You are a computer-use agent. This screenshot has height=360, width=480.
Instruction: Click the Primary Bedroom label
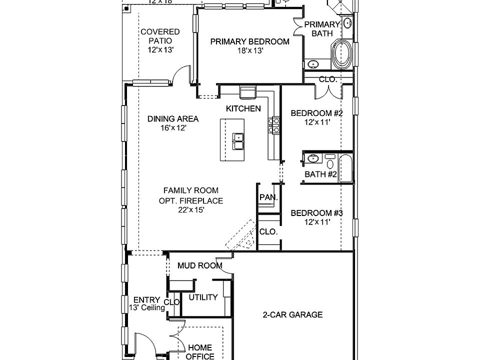(x=249, y=42)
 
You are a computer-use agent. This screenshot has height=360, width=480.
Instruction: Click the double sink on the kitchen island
(x=238, y=141)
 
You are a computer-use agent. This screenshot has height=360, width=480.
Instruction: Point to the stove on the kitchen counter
(x=274, y=125)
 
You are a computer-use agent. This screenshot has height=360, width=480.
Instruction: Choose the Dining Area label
(x=173, y=119)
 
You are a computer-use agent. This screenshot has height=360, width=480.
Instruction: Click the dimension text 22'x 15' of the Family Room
(x=191, y=210)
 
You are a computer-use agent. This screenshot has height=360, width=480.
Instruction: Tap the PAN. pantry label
(x=268, y=198)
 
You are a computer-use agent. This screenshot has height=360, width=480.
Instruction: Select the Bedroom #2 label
(x=316, y=113)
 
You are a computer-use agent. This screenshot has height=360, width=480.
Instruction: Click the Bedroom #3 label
(x=316, y=213)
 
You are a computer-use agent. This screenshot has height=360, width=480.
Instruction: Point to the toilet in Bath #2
(x=330, y=161)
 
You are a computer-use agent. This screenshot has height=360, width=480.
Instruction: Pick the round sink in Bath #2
(x=312, y=159)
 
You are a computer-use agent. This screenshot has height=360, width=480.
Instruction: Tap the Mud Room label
(x=200, y=265)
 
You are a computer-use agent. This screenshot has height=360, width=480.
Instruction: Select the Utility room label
(x=203, y=297)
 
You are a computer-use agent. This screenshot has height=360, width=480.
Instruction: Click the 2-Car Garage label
(x=292, y=315)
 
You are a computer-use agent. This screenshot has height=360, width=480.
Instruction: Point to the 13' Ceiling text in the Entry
(x=147, y=308)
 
